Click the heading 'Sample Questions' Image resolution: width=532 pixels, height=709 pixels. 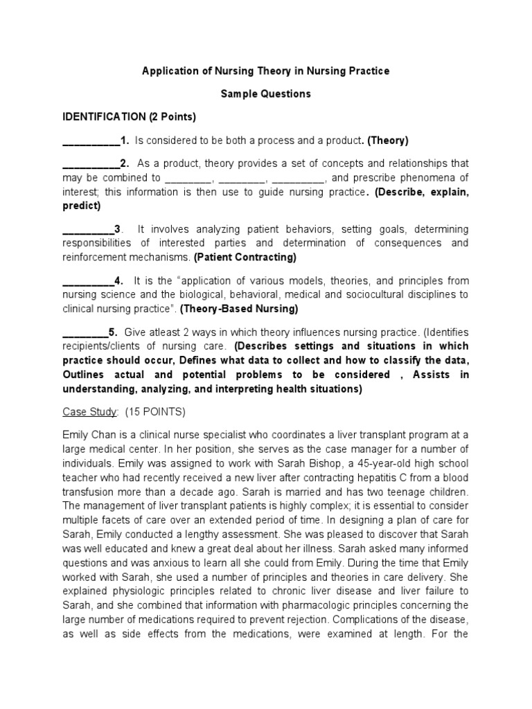266,93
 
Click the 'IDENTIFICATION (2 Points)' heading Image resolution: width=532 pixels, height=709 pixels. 130,116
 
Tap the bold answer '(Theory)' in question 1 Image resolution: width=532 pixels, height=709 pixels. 388,141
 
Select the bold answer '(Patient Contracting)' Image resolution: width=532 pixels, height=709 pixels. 245,258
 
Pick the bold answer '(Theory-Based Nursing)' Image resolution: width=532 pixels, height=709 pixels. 240,308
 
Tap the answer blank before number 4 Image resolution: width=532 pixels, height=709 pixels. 87,281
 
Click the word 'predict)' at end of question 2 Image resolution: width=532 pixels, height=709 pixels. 82,206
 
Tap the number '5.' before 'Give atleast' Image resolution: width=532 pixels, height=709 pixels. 113,332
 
